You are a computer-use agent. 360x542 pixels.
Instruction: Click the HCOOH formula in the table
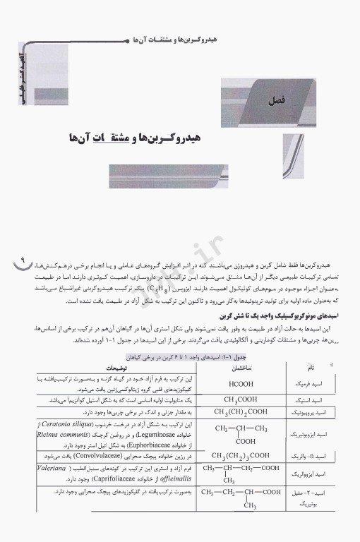coord(237,384)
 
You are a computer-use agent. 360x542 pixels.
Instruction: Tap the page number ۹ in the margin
coord(20,264)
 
